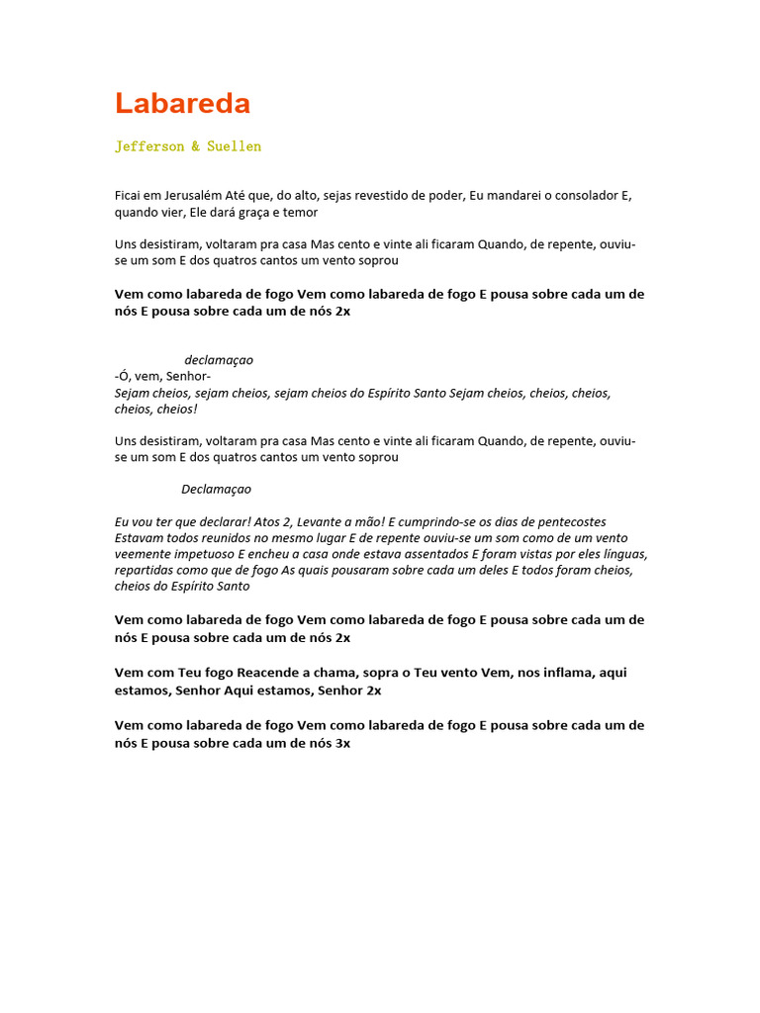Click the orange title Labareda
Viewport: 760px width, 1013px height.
click(x=182, y=104)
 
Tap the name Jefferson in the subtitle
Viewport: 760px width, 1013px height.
click(x=149, y=146)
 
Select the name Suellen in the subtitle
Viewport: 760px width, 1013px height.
click(x=234, y=146)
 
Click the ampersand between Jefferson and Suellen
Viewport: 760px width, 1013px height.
click(x=195, y=146)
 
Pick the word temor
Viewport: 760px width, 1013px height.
click(x=301, y=212)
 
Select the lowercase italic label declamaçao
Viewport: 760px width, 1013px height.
click(x=219, y=360)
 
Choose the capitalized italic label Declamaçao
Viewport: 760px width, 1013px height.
click(x=216, y=489)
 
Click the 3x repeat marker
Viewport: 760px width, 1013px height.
click(x=342, y=742)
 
